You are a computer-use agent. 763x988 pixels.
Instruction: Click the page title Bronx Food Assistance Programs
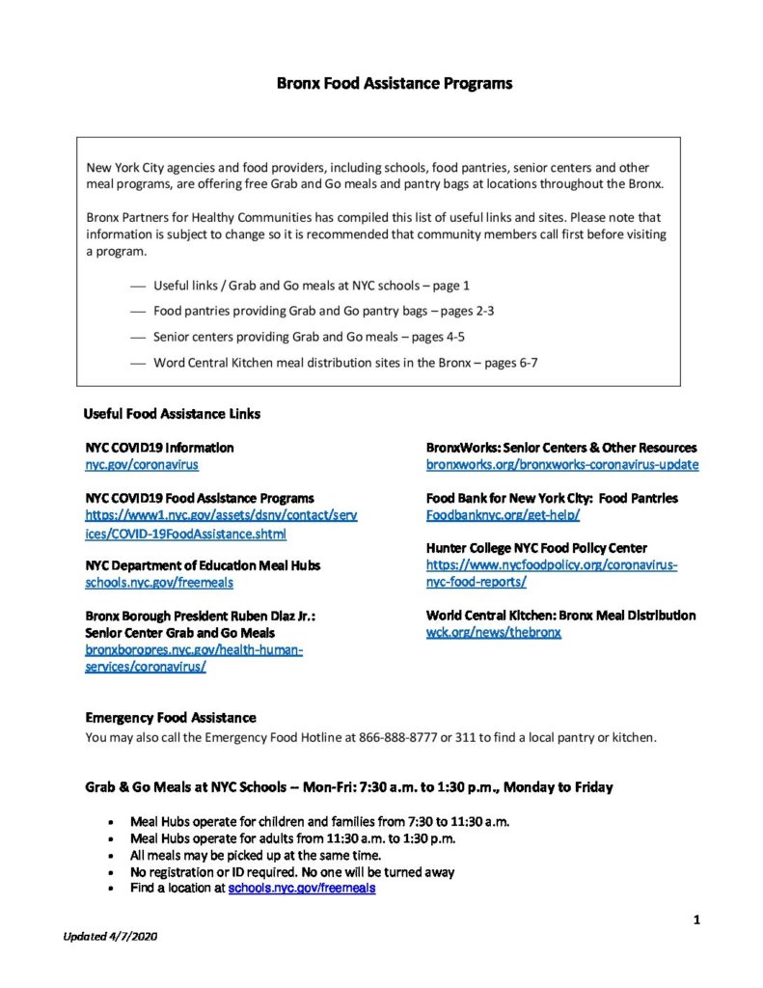point(394,83)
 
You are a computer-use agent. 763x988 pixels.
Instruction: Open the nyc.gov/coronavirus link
point(142,465)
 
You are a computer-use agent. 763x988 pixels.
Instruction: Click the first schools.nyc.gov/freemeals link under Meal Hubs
point(159,583)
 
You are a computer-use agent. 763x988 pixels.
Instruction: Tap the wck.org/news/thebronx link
point(493,632)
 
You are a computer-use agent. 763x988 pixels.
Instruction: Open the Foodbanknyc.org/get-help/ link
point(503,515)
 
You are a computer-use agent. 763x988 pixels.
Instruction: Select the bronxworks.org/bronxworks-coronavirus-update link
point(562,465)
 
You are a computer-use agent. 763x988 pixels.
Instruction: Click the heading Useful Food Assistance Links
point(172,414)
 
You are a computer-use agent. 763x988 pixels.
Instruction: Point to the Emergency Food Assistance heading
point(171,718)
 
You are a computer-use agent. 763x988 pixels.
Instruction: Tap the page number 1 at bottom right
point(695,920)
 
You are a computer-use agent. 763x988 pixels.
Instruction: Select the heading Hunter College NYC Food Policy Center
point(536,548)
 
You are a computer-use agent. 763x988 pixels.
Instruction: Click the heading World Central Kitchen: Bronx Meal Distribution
point(560,616)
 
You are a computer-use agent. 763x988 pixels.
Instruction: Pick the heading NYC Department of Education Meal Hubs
point(203,565)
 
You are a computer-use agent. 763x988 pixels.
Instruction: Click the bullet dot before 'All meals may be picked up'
point(114,856)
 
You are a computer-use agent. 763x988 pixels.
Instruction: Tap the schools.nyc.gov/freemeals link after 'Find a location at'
point(301,889)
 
